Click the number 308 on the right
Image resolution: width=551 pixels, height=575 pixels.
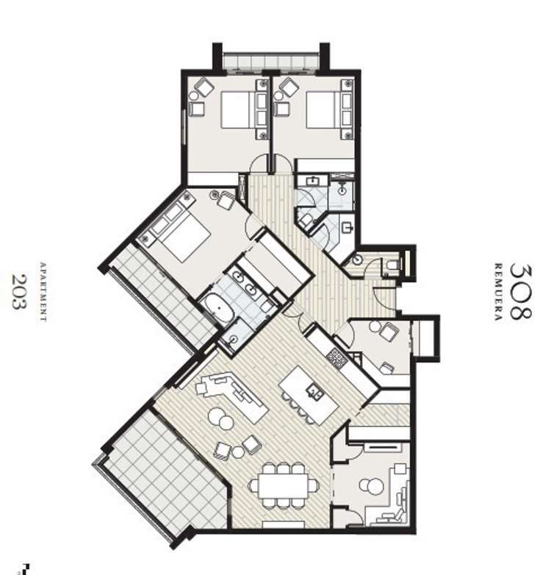click(x=519, y=291)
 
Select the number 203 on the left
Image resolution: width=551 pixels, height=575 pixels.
click(x=20, y=291)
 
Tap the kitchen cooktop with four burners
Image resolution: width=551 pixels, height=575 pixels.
click(x=336, y=358)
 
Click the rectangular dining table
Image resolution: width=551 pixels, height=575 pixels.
click(x=284, y=485)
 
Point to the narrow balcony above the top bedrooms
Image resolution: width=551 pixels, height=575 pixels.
click(x=270, y=63)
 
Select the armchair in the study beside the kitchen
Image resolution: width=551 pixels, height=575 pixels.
click(x=387, y=332)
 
